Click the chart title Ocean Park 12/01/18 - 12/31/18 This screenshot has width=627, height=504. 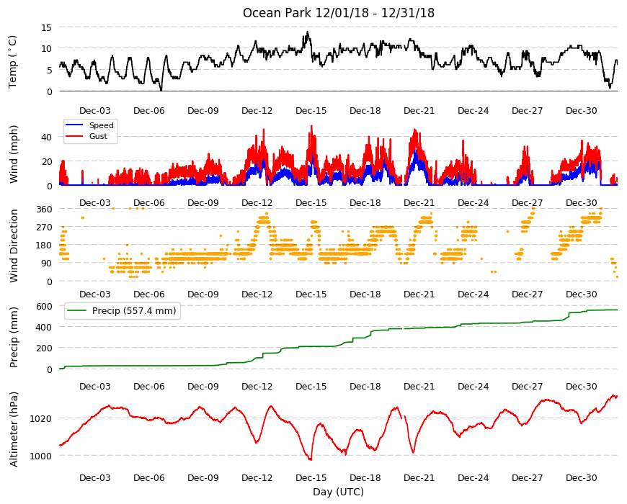point(338,13)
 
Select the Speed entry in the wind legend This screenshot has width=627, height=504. point(101,125)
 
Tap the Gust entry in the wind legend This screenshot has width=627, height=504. point(98,136)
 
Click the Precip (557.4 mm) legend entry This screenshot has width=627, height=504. point(134,311)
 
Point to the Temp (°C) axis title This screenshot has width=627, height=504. point(13,61)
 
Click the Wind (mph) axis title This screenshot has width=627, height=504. point(14,154)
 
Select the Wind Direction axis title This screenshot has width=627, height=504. point(14,246)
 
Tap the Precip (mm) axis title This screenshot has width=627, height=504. point(14,337)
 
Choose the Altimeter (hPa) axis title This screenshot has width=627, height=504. point(14,429)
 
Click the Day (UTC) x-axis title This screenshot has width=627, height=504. point(338,492)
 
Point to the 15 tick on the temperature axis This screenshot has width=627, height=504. point(46,27)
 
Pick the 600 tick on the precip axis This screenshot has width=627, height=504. point(45,306)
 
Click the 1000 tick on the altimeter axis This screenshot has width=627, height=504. point(41,456)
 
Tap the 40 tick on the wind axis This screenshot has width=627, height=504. point(46,137)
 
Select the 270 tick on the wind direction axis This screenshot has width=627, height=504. point(45,228)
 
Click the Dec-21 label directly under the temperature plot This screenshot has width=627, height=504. point(419,111)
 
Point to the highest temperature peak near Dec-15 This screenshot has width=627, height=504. point(307,32)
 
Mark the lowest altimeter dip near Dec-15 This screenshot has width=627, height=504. point(311,459)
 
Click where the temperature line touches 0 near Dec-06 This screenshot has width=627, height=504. point(161,91)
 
